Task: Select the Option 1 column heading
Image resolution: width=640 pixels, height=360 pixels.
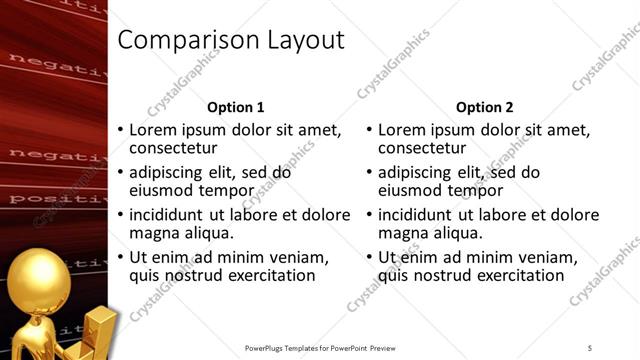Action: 235,107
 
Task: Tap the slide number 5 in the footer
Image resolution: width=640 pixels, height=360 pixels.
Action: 590,347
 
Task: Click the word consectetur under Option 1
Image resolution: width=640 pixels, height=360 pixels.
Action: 175,149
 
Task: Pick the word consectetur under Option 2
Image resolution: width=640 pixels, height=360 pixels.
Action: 424,149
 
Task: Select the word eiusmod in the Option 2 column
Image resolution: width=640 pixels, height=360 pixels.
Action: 412,190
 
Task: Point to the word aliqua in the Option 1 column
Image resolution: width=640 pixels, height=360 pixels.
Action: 208,233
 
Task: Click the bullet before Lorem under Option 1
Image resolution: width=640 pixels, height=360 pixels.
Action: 121,130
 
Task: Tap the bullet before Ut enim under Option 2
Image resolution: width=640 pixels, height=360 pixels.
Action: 370,257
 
